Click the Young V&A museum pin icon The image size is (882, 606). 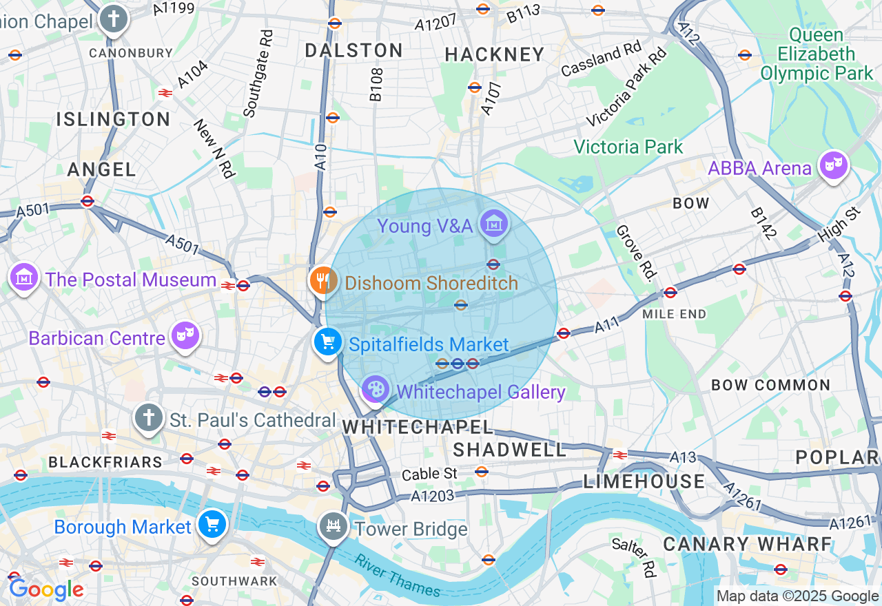(x=494, y=224)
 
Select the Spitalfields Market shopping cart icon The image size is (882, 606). (x=327, y=341)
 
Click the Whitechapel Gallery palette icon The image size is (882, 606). (x=376, y=390)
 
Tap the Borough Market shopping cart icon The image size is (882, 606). (x=212, y=525)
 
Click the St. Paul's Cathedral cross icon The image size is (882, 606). (x=148, y=417)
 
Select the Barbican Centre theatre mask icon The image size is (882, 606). (x=185, y=335)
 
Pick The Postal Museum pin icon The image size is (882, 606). (x=24, y=277)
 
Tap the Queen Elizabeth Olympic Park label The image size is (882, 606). (x=816, y=54)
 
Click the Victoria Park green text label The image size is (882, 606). (x=628, y=147)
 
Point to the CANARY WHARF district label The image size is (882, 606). (x=748, y=544)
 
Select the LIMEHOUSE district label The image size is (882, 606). (x=644, y=481)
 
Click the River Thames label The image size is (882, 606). (x=397, y=575)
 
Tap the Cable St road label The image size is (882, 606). (x=429, y=474)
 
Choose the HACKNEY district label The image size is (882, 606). (x=495, y=54)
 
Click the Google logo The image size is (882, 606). (x=46, y=589)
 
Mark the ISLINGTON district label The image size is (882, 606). (x=114, y=119)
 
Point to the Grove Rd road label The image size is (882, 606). (x=634, y=253)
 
